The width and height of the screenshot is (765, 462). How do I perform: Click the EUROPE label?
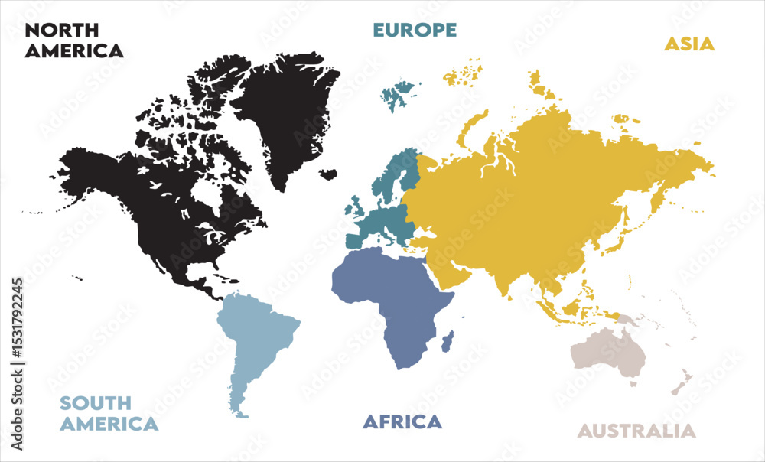pos(415,30)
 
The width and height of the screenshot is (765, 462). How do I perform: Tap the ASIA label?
pos(688,44)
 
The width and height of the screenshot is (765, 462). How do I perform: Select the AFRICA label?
pos(402,421)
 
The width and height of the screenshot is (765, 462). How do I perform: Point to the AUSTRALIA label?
pos(636,431)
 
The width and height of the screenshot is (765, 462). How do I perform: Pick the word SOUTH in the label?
pos(96,403)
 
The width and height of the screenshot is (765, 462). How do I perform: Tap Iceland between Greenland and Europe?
pos(328,174)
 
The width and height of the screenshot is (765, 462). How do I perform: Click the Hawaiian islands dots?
pos(76,278)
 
